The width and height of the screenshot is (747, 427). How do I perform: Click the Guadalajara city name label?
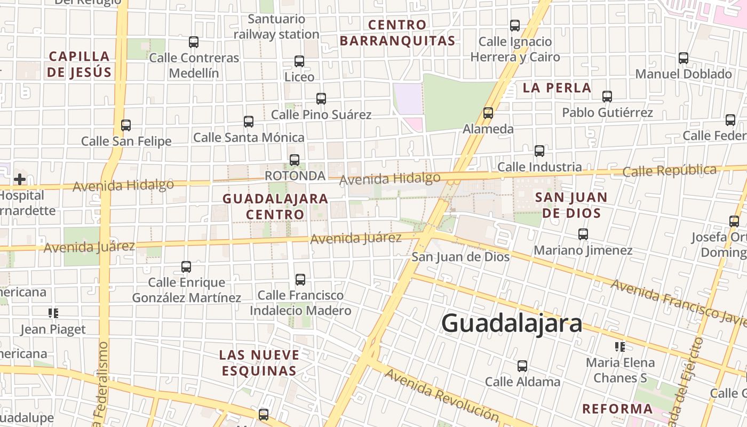[512, 323]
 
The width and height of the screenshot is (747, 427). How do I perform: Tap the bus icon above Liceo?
[299, 61]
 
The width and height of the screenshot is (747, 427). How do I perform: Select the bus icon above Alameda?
[488, 113]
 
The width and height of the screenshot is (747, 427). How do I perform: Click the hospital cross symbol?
[20, 179]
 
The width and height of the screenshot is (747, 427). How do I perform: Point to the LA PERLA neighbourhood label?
[557, 88]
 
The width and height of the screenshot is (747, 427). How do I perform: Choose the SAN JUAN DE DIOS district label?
[571, 205]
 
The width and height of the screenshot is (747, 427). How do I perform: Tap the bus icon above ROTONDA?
[295, 160]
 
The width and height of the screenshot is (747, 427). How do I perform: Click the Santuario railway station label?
[276, 27]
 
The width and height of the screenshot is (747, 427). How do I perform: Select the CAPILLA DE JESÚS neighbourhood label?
[79, 64]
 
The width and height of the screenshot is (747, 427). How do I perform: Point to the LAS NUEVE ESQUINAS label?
[259, 362]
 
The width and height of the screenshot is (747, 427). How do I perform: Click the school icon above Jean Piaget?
[53, 313]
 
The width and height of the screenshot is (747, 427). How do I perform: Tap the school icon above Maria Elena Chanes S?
[620, 347]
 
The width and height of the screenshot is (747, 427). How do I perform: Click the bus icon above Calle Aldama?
[522, 366]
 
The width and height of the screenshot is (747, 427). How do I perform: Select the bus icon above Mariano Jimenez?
[583, 234]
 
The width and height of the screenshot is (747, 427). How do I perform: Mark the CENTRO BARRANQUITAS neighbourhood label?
[398, 33]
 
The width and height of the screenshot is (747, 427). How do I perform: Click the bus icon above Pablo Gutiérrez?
[607, 97]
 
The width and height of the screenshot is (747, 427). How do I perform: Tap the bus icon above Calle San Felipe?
[126, 125]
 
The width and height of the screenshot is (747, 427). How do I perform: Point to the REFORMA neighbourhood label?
[617, 409]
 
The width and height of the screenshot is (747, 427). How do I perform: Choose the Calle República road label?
[669, 171]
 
